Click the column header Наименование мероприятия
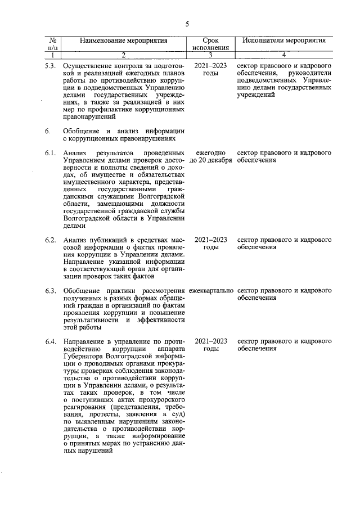tap(124, 41)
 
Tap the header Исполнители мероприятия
tap(284, 41)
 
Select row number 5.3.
tap(51, 66)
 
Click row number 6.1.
tap(51, 153)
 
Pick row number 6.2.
tap(51, 240)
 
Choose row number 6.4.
tap(51, 341)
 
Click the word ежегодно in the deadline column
tap(210, 153)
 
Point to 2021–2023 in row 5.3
tap(210, 66)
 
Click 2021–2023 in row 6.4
tap(210, 341)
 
